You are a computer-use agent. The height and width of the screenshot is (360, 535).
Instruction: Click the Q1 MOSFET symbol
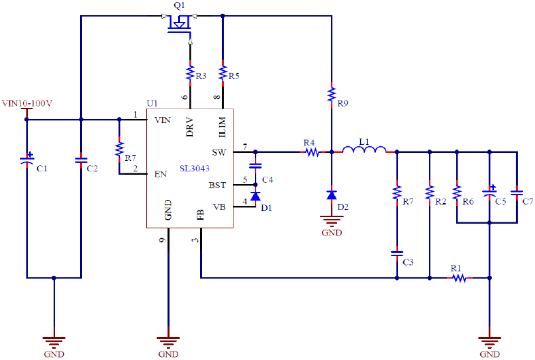(177, 25)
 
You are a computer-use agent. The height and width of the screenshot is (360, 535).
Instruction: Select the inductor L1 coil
(363, 151)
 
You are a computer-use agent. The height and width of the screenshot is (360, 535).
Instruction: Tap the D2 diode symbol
(332, 195)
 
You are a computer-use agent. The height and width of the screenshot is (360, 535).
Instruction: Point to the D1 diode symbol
(255, 197)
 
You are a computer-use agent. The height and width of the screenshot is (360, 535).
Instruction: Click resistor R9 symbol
(332, 94)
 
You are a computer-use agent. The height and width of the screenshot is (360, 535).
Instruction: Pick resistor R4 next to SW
(311, 152)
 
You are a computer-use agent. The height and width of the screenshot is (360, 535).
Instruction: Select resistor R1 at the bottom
(458, 278)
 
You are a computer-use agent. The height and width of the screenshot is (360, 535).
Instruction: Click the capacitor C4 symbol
(255, 165)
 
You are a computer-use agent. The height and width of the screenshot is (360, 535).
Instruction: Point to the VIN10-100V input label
(27, 103)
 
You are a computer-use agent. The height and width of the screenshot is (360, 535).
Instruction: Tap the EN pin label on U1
(160, 174)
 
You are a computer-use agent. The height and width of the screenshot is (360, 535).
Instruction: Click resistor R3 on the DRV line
(190, 71)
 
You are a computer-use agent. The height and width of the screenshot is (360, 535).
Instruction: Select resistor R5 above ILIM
(223, 71)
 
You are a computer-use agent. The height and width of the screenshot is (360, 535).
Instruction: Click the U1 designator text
(152, 103)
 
